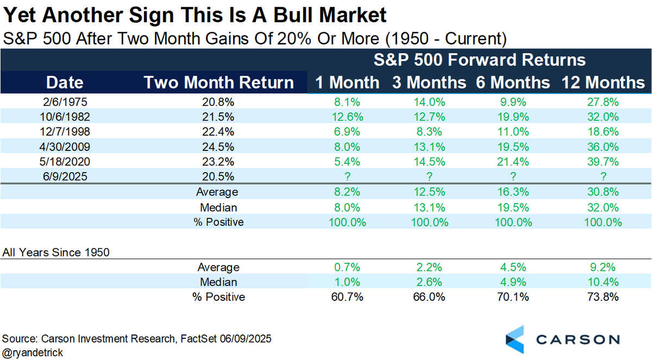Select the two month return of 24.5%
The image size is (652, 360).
coord(218,146)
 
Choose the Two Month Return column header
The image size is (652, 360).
coord(218,83)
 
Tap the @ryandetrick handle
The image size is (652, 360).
coord(33,352)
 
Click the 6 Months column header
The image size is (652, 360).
coord(513,83)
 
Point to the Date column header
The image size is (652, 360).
coord(65,83)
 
